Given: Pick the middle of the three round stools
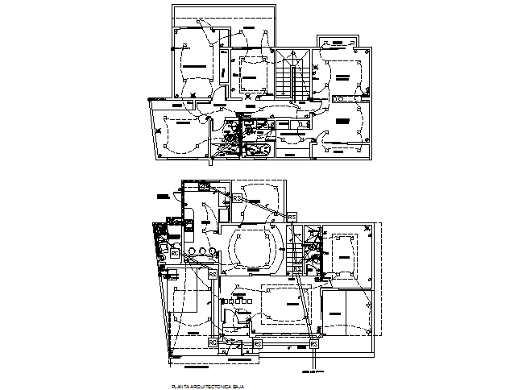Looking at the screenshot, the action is pyautogui.click(x=203, y=252).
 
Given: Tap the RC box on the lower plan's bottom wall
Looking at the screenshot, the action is pyautogui.click(x=213, y=343).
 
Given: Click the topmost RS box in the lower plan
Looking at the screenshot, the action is pyautogui.click(x=238, y=197).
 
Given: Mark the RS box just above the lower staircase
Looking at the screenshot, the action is pyautogui.click(x=292, y=217).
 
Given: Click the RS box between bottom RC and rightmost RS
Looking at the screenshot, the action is pyautogui.click(x=258, y=343).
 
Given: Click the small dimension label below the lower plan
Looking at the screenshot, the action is pyautogui.click(x=308, y=372).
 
